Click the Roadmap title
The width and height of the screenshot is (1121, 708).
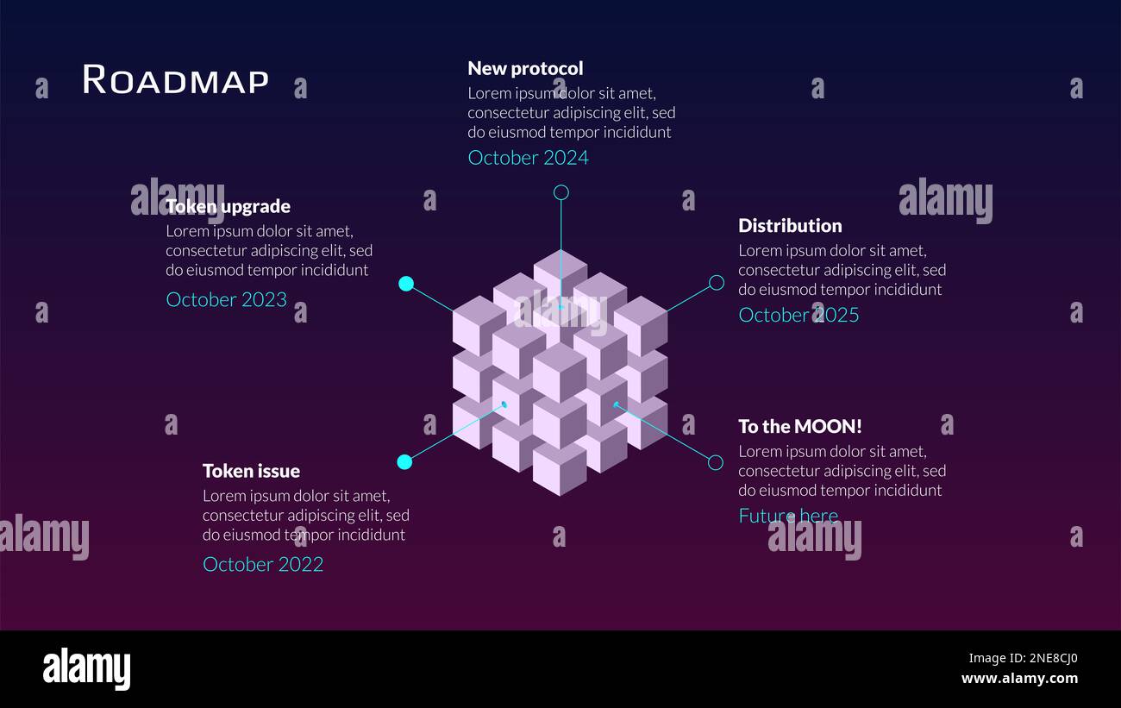click(x=175, y=80)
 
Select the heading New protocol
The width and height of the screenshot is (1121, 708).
click(x=525, y=68)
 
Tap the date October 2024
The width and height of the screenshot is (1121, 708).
click(x=528, y=158)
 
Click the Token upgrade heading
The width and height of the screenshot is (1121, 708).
click(x=228, y=206)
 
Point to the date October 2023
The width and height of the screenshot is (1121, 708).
click(x=226, y=299)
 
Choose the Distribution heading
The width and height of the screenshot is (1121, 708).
click(x=790, y=226)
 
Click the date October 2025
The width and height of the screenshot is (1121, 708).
click(x=798, y=315)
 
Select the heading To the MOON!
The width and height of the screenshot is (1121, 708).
click(x=799, y=426)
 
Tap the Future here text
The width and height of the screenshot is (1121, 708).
click(x=788, y=516)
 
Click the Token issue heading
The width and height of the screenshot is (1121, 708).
click(x=251, y=471)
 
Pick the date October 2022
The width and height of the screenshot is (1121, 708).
click(x=263, y=564)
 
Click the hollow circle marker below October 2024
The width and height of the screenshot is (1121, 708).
click(x=560, y=192)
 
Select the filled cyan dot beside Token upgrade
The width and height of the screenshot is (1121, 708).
click(x=406, y=284)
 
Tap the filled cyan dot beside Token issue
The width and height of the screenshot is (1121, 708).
click(x=404, y=462)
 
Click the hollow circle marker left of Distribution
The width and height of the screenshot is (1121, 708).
click(x=716, y=283)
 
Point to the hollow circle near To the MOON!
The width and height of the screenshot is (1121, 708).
click(x=715, y=463)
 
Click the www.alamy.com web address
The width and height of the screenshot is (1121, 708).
click(x=1019, y=679)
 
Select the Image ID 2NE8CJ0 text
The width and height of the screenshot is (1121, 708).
click(x=1023, y=659)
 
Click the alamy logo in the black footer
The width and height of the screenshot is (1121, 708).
click(x=86, y=670)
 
